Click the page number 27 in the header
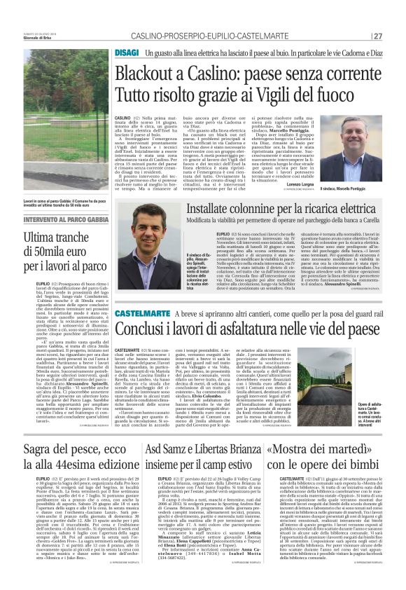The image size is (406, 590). pyautogui.click(x=378, y=36)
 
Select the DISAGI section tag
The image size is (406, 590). pyautogui.click(x=127, y=53)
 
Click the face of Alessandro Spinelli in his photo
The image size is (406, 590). pyautogui.click(x=162, y=231)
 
